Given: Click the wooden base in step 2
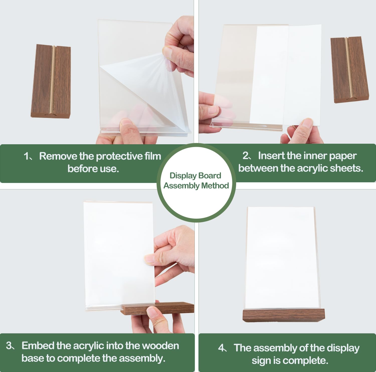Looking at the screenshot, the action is click(350, 70).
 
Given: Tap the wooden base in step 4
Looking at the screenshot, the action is click(284, 315).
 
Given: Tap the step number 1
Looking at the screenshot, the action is click(26, 156).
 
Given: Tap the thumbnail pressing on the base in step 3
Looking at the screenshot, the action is click(152, 312).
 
